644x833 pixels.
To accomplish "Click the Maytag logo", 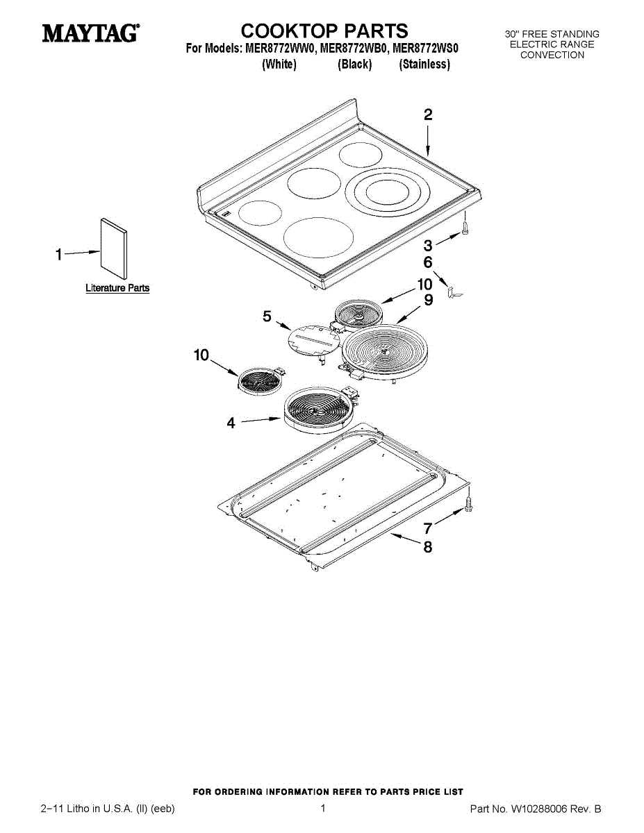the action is pyautogui.click(x=90, y=33).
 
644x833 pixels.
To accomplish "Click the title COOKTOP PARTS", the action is pyautogui.click(x=324, y=31).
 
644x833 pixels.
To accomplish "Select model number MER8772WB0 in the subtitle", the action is pyautogui.click(x=354, y=49).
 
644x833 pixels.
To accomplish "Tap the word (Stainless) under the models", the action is pyautogui.click(x=424, y=65).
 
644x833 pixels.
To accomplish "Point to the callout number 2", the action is pyautogui.click(x=428, y=115).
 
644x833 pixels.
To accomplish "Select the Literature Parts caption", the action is pyautogui.click(x=117, y=288).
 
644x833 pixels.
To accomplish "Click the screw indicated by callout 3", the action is pyautogui.click(x=465, y=231).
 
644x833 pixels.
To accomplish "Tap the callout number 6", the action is pyautogui.click(x=428, y=262).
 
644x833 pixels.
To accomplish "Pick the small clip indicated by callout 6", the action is pyautogui.click(x=454, y=294).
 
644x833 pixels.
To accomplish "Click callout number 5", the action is pyautogui.click(x=267, y=317).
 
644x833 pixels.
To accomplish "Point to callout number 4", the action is pyautogui.click(x=231, y=422).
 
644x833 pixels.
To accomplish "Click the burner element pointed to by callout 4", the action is pyautogui.click(x=319, y=410).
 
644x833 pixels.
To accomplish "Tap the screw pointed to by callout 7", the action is pyautogui.click(x=470, y=504).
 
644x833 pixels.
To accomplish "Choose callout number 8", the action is pyautogui.click(x=428, y=547).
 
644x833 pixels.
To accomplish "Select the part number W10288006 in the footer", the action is pyautogui.click(x=539, y=809).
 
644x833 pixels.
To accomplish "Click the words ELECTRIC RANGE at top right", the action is pyautogui.click(x=552, y=44).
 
